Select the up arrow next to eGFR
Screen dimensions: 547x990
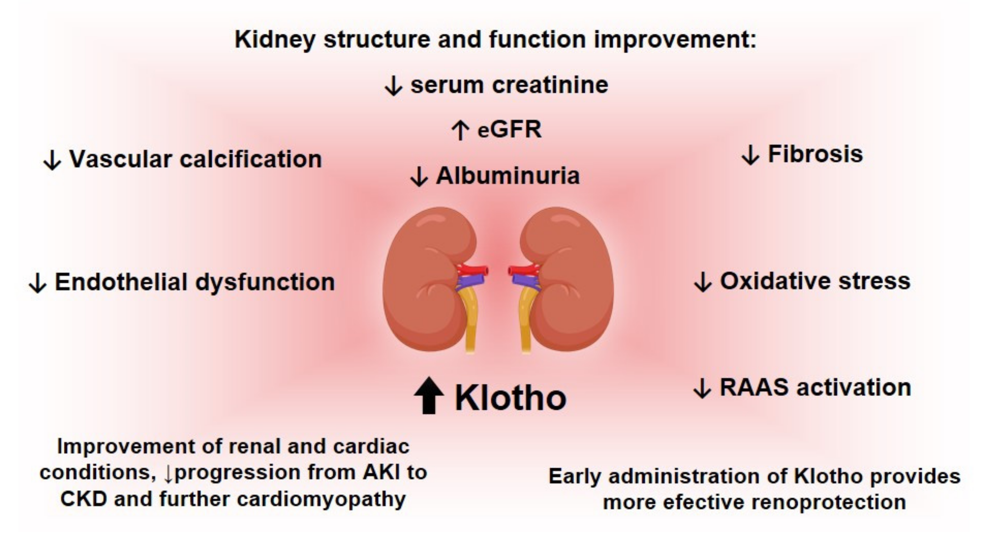point(460,130)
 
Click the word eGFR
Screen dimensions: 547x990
point(510,130)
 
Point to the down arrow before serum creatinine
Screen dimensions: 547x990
point(393,86)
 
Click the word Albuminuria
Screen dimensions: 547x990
point(508,176)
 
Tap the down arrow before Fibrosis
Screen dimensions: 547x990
point(750,156)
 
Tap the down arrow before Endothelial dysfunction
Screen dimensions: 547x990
point(38,283)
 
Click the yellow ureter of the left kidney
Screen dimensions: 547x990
point(470,323)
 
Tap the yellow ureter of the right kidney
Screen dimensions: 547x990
point(526,323)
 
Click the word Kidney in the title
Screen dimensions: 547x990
point(274,40)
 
